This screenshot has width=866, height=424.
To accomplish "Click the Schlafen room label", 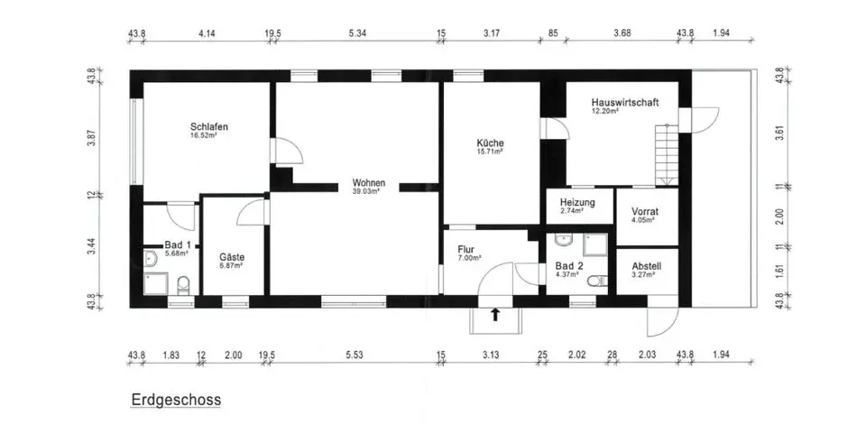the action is (208, 127).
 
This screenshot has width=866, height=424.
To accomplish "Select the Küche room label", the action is (490, 143).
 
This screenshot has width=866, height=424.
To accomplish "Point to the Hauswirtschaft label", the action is (624, 103).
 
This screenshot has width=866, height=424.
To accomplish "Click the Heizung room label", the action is (577, 202).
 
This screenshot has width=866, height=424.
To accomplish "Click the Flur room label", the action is (466, 250).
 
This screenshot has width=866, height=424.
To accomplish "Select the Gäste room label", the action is (232, 257).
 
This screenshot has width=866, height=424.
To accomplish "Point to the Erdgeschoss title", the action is (176, 398).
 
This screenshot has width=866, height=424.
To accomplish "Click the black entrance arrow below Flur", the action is (494, 314).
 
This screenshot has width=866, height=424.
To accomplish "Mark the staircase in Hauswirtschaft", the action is (665, 154).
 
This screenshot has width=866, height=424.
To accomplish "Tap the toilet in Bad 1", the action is (183, 286).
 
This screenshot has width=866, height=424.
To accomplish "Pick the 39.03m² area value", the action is (366, 191).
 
